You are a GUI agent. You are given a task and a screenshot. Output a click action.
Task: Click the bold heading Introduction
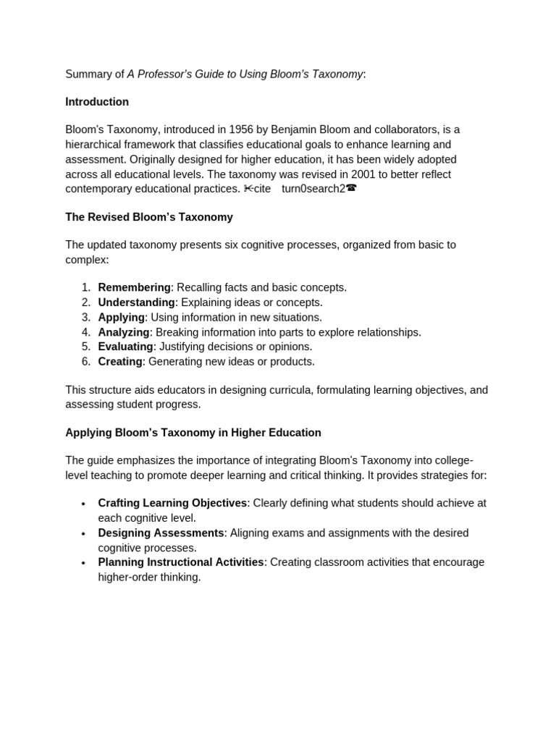click(97, 102)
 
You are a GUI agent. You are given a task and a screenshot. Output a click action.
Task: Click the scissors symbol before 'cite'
click(248, 189)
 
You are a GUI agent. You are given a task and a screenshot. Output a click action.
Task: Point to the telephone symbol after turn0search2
click(351, 189)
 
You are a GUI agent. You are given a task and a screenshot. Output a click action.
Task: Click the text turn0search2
click(313, 189)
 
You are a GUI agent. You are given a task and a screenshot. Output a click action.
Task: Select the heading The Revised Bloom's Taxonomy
click(149, 217)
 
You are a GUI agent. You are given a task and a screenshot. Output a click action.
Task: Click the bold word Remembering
click(134, 287)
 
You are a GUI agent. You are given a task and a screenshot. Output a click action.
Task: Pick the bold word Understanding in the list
click(136, 302)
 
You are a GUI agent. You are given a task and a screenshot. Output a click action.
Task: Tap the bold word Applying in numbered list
click(121, 317)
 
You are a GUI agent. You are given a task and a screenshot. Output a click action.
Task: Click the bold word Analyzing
click(124, 332)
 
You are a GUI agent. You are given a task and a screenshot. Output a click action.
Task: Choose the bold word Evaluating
click(125, 347)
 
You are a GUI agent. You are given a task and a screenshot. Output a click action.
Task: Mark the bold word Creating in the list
click(120, 361)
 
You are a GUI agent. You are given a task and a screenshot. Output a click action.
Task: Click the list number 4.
click(85, 332)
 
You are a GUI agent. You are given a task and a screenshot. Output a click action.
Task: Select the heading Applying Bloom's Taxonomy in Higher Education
click(193, 433)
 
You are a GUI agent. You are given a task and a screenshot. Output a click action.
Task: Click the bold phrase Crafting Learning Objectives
click(172, 503)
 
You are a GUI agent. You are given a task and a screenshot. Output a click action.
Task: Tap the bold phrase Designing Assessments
click(161, 533)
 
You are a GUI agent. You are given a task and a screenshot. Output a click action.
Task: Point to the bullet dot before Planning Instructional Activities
click(83, 563)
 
